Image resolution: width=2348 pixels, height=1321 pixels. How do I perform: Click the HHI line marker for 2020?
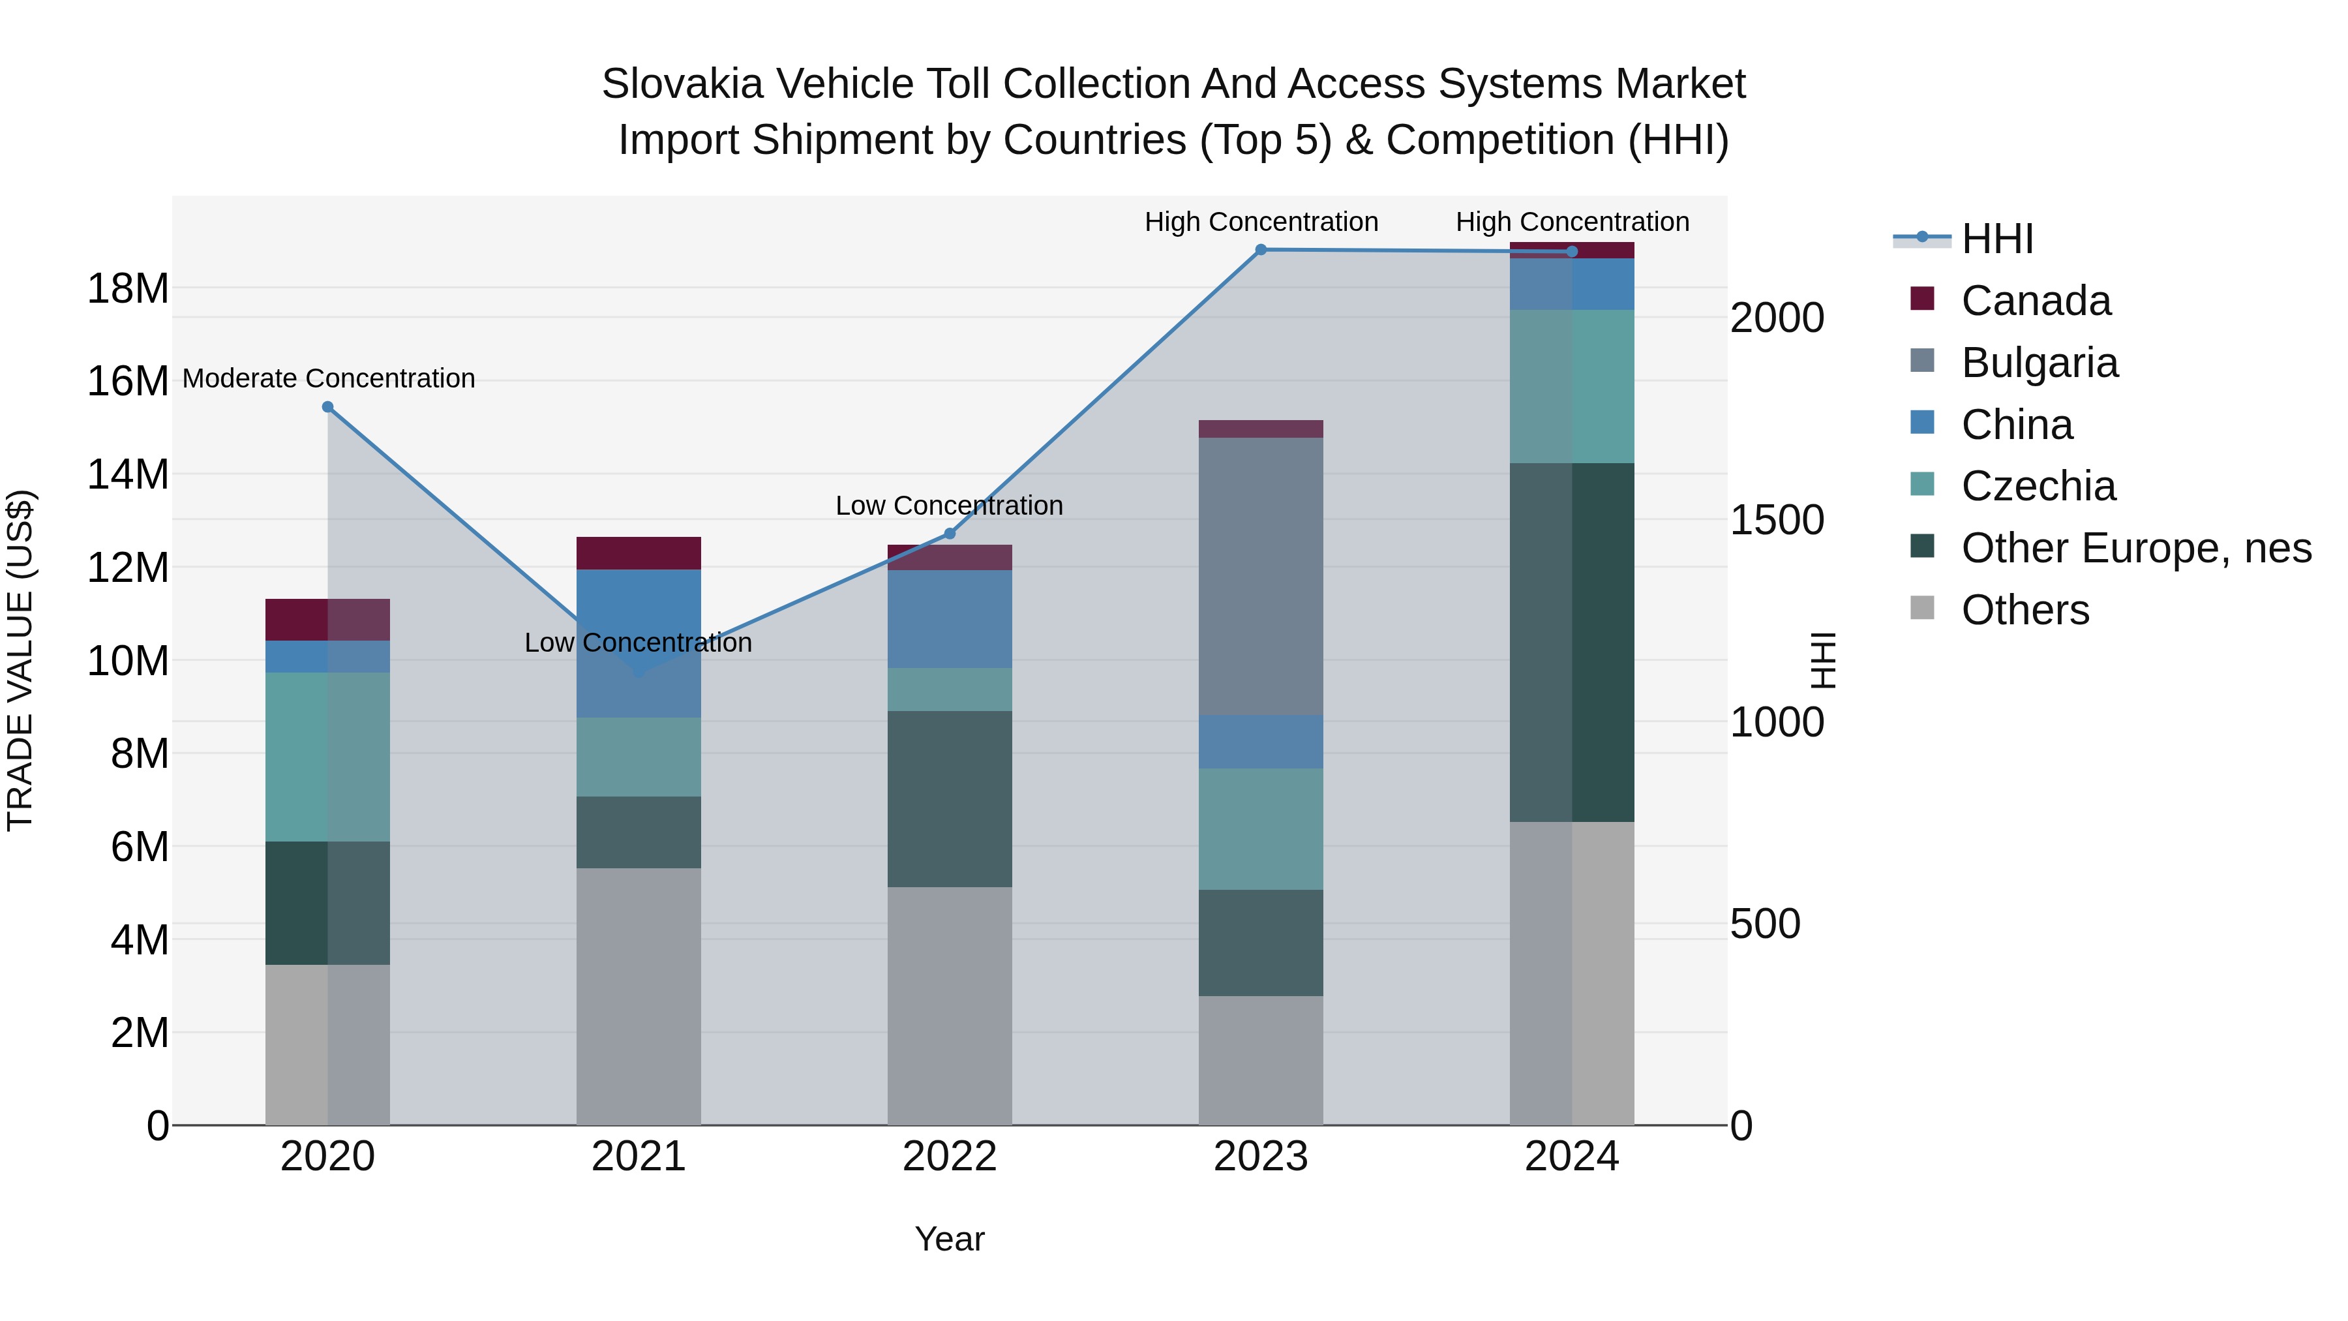(x=328, y=408)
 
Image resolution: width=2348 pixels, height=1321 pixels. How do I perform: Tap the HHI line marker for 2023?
(x=1261, y=250)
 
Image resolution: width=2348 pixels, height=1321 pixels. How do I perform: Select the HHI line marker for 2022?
(x=950, y=534)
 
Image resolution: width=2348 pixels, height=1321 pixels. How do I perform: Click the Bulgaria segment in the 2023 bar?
(x=1261, y=576)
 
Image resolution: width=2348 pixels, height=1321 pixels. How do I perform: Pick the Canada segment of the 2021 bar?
(x=638, y=553)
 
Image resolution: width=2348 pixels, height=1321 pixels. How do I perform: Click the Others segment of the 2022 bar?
(x=950, y=1005)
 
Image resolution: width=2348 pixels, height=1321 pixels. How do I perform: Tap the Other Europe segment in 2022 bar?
(x=950, y=798)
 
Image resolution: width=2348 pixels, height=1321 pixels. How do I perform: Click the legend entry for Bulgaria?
(x=2039, y=363)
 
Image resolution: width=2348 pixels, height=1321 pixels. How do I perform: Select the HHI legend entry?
(x=1996, y=239)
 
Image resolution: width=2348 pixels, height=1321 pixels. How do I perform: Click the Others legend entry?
(x=2024, y=610)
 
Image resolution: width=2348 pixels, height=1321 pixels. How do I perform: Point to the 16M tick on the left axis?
(x=128, y=381)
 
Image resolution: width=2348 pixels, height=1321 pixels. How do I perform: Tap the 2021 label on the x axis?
(x=638, y=1157)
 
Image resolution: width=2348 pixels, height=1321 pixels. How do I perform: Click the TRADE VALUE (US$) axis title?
(x=20, y=660)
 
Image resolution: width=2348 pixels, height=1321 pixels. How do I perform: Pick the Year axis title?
(x=950, y=1239)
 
